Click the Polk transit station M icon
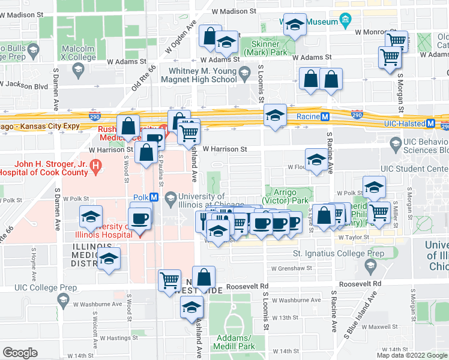coord(154,197)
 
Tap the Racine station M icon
coord(325,116)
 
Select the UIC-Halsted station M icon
coord(430,123)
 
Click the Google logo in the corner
coord(20,352)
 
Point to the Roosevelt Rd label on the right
coord(360,283)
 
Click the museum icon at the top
coord(345,22)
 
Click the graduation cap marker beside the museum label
coord(294,25)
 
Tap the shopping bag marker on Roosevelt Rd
coord(204,278)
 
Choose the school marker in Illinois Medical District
coord(109,259)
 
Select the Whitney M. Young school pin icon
coord(244,74)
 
